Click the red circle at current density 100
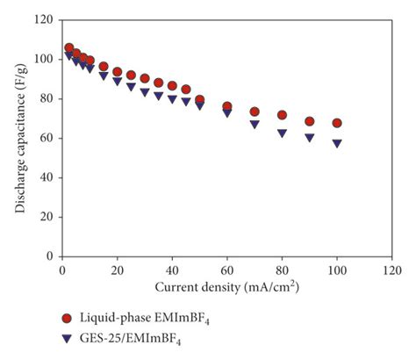click(x=337, y=123)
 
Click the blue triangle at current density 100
click(x=337, y=142)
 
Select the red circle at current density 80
click(x=283, y=115)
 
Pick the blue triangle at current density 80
click(x=283, y=133)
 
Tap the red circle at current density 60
click(x=227, y=106)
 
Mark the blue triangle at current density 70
click(x=255, y=124)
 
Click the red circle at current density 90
click(x=310, y=121)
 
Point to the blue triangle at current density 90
click(x=310, y=137)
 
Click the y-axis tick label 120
click(x=41, y=19)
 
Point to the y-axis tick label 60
click(x=44, y=138)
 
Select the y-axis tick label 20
click(x=44, y=217)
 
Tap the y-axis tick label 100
click(x=41, y=59)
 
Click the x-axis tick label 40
click(x=172, y=271)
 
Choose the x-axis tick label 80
click(x=283, y=271)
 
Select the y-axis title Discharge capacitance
click(x=18, y=138)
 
